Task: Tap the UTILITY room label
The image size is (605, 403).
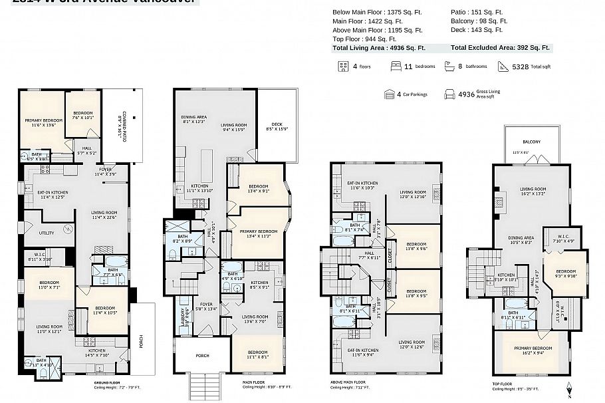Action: point(47,233)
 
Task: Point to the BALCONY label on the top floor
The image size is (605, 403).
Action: point(531,142)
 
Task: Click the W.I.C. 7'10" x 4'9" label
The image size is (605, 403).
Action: point(558,238)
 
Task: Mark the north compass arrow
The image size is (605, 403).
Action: point(568,387)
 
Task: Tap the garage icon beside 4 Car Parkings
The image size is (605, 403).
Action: point(390,94)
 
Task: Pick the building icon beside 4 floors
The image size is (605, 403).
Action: point(344,67)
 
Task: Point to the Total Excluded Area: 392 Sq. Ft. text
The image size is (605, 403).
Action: point(500,48)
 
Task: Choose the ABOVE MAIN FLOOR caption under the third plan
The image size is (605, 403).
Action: point(348,382)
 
